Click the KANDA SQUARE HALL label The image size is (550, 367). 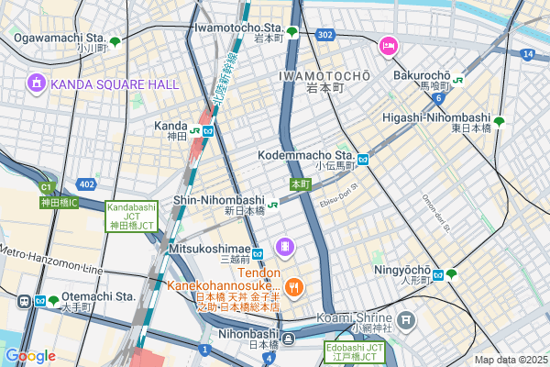[115, 83]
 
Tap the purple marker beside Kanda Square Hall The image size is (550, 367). [36, 83]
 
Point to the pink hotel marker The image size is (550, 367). [388, 44]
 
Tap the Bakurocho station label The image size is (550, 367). [423, 74]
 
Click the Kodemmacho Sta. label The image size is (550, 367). [306, 155]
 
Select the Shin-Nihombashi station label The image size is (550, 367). [219, 199]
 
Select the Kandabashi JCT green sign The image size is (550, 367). [133, 216]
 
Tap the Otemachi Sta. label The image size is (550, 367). [101, 296]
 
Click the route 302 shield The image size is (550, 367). [324, 34]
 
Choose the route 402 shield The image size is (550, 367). [87, 184]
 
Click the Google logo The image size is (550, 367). [30, 355]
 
